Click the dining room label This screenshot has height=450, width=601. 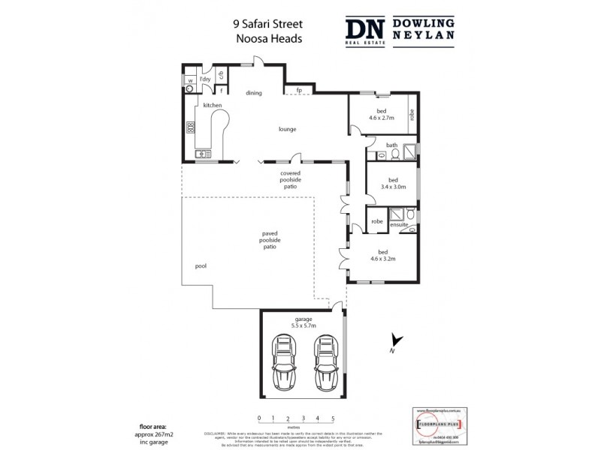click(254, 93)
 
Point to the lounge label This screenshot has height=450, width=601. click(287, 129)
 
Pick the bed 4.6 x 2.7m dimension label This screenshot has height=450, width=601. click(381, 115)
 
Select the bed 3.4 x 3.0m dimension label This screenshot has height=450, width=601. click(391, 184)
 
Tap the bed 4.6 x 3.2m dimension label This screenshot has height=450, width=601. click(382, 255)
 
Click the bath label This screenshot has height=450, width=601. click(391, 145)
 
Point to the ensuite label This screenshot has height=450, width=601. click(399, 224)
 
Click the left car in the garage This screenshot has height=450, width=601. click(284, 362)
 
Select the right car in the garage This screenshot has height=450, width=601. click(324, 362)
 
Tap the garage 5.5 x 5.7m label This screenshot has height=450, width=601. click(304, 323)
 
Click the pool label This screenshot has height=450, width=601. click(201, 265)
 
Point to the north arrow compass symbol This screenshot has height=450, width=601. click(396, 343)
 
